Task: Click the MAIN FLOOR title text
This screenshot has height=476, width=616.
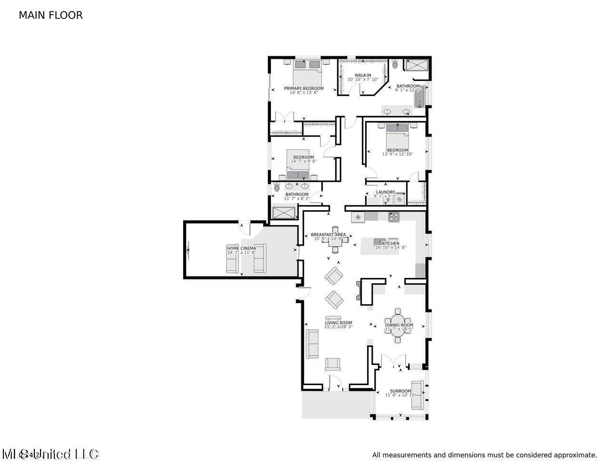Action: pos(50,15)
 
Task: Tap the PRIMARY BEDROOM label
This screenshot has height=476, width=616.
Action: pos(304,88)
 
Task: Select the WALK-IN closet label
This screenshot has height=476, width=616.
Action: pos(363,75)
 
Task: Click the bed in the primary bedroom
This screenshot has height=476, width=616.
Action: pos(307,71)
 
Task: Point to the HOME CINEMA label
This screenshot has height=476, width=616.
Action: pos(241,248)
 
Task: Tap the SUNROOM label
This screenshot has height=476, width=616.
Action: pos(400,391)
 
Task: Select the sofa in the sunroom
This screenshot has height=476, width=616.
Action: pos(417,395)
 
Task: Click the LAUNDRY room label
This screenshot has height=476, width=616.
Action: pos(385,192)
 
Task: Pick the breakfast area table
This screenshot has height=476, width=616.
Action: pos(335,239)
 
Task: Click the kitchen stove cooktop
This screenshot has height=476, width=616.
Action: pos(394,218)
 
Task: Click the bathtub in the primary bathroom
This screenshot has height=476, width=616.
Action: pos(420,97)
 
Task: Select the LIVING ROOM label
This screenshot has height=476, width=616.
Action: pos(338,323)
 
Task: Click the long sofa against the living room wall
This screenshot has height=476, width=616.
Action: pos(312,344)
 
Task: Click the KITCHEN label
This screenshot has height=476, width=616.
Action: pos(391,244)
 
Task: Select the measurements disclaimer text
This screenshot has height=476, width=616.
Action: pos(484,455)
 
